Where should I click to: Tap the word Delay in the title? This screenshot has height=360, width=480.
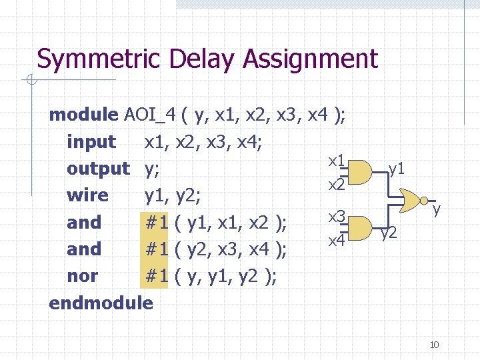pos(203,59)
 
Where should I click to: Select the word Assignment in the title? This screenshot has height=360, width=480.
pos(310,59)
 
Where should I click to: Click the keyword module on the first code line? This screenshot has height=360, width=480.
pos(83,115)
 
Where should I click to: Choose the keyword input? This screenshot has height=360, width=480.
pos(91,142)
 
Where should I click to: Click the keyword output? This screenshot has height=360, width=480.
pos(98,169)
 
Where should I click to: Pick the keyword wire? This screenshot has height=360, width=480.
pos(87,195)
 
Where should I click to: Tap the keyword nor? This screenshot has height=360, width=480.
pos(82,276)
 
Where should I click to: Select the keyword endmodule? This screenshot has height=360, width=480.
pos(101,303)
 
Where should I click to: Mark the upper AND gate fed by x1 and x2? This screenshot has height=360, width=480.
pos(360,172)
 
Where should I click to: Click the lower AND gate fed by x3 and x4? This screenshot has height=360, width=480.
pos(360,227)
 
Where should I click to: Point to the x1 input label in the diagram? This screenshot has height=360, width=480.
pos(336,161)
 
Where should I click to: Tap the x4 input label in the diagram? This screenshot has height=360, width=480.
pos(336,239)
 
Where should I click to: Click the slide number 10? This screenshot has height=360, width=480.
pos(434,345)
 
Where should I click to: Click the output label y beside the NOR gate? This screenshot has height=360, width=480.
pos(437,210)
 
